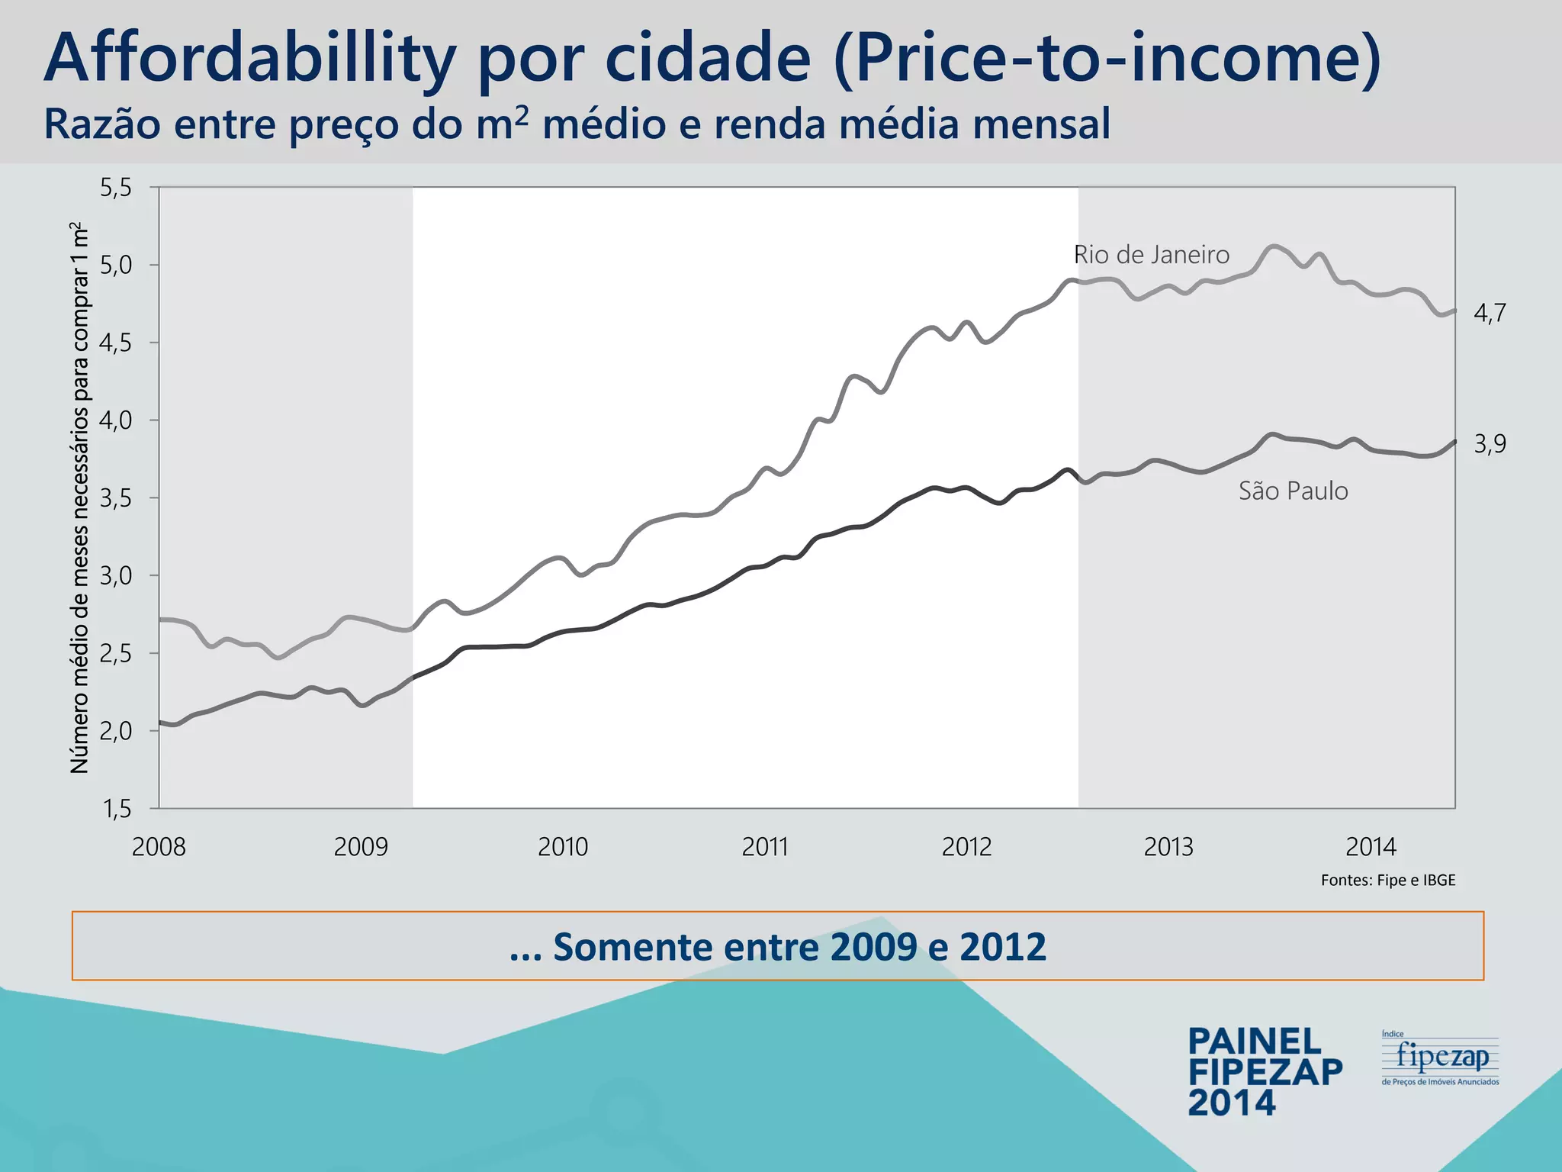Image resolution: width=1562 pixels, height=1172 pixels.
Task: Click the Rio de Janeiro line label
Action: (1151, 255)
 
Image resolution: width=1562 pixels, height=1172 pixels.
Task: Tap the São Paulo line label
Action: (1293, 491)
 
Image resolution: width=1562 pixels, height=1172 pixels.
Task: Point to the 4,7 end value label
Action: (1489, 313)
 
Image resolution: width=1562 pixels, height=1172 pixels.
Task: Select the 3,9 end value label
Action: (1489, 443)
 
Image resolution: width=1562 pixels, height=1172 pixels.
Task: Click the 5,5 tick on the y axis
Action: (116, 188)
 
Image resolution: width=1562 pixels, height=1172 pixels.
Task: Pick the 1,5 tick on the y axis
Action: (116, 809)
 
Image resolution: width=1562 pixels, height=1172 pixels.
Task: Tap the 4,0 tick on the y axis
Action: (116, 420)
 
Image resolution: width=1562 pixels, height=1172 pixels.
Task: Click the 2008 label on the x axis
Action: (159, 847)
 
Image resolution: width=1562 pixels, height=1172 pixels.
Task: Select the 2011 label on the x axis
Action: (764, 847)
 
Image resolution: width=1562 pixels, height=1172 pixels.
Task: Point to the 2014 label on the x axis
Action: (1371, 847)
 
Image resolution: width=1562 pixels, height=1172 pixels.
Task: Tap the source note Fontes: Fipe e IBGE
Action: (1388, 881)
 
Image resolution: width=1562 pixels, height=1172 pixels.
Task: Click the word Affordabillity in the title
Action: (249, 60)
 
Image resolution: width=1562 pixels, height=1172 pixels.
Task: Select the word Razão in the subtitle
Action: (103, 124)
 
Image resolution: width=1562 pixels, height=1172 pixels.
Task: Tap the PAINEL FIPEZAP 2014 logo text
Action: (1265, 1072)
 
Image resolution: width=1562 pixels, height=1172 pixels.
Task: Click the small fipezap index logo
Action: (1440, 1058)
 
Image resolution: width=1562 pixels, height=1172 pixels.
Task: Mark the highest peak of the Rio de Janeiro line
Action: (1273, 246)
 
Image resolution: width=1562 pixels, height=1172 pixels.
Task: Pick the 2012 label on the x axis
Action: (966, 847)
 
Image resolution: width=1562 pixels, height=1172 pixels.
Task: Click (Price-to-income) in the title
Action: (1107, 60)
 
